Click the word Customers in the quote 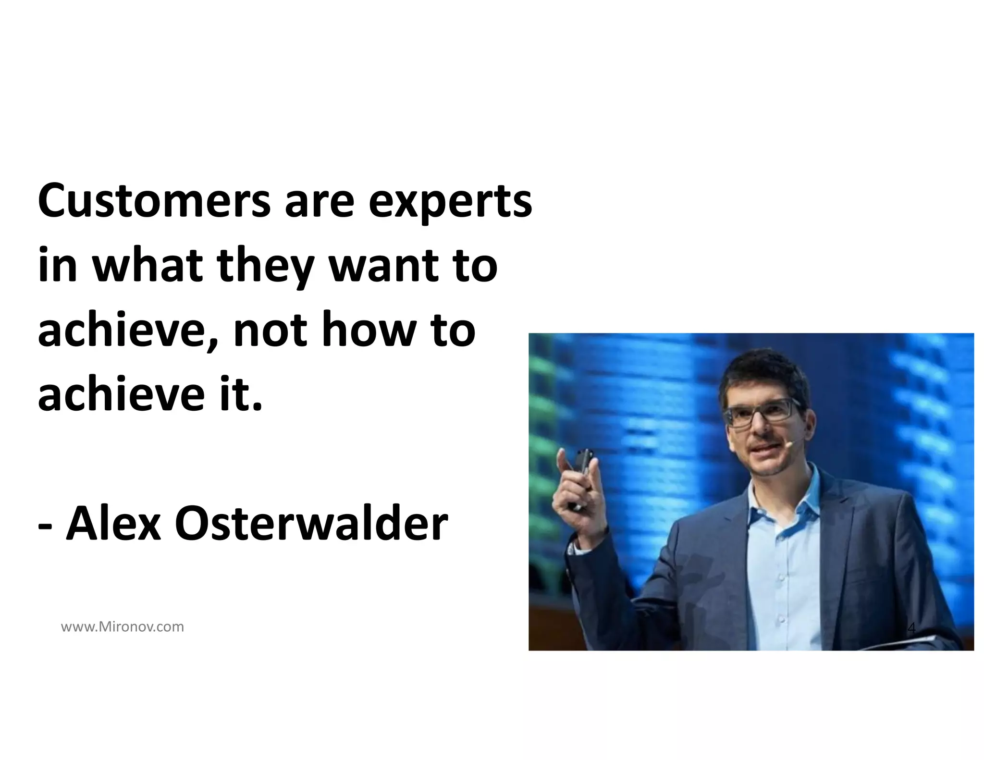[154, 200]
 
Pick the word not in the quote [270, 331]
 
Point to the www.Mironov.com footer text [123, 627]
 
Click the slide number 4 [912, 628]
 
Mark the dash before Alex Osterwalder [45, 526]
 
